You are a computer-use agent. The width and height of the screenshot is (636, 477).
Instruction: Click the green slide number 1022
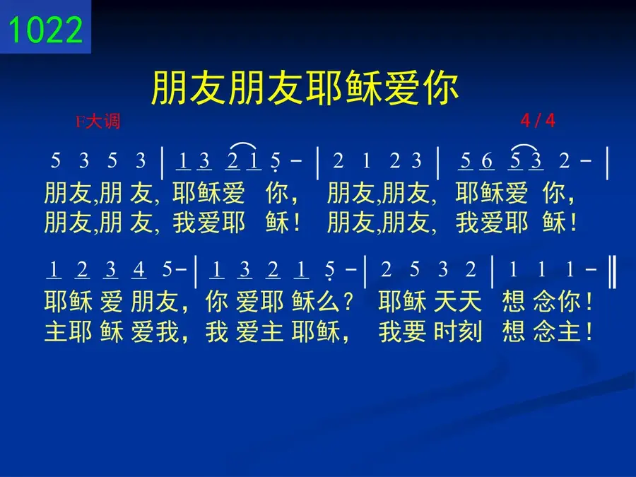point(45,30)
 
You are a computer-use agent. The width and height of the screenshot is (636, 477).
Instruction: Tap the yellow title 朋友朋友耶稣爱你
point(305,88)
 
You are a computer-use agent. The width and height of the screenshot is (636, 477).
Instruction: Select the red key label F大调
point(98,122)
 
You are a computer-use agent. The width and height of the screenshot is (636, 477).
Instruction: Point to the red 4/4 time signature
point(538,120)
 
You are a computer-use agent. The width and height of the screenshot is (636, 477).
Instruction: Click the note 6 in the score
point(487,161)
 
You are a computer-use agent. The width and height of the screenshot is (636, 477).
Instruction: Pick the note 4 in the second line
point(139,269)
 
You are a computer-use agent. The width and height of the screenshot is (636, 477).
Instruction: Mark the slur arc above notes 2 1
point(243,146)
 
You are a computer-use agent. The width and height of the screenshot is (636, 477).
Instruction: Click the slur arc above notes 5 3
point(525,146)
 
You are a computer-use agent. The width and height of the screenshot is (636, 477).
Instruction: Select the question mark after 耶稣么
point(348,302)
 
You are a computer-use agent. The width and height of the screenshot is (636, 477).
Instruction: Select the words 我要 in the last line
point(402,331)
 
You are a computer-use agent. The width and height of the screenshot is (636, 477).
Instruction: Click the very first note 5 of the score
point(56,160)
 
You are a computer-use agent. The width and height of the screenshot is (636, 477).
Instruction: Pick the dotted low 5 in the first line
point(276,162)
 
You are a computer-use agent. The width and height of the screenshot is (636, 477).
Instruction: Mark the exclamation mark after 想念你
point(589,302)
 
